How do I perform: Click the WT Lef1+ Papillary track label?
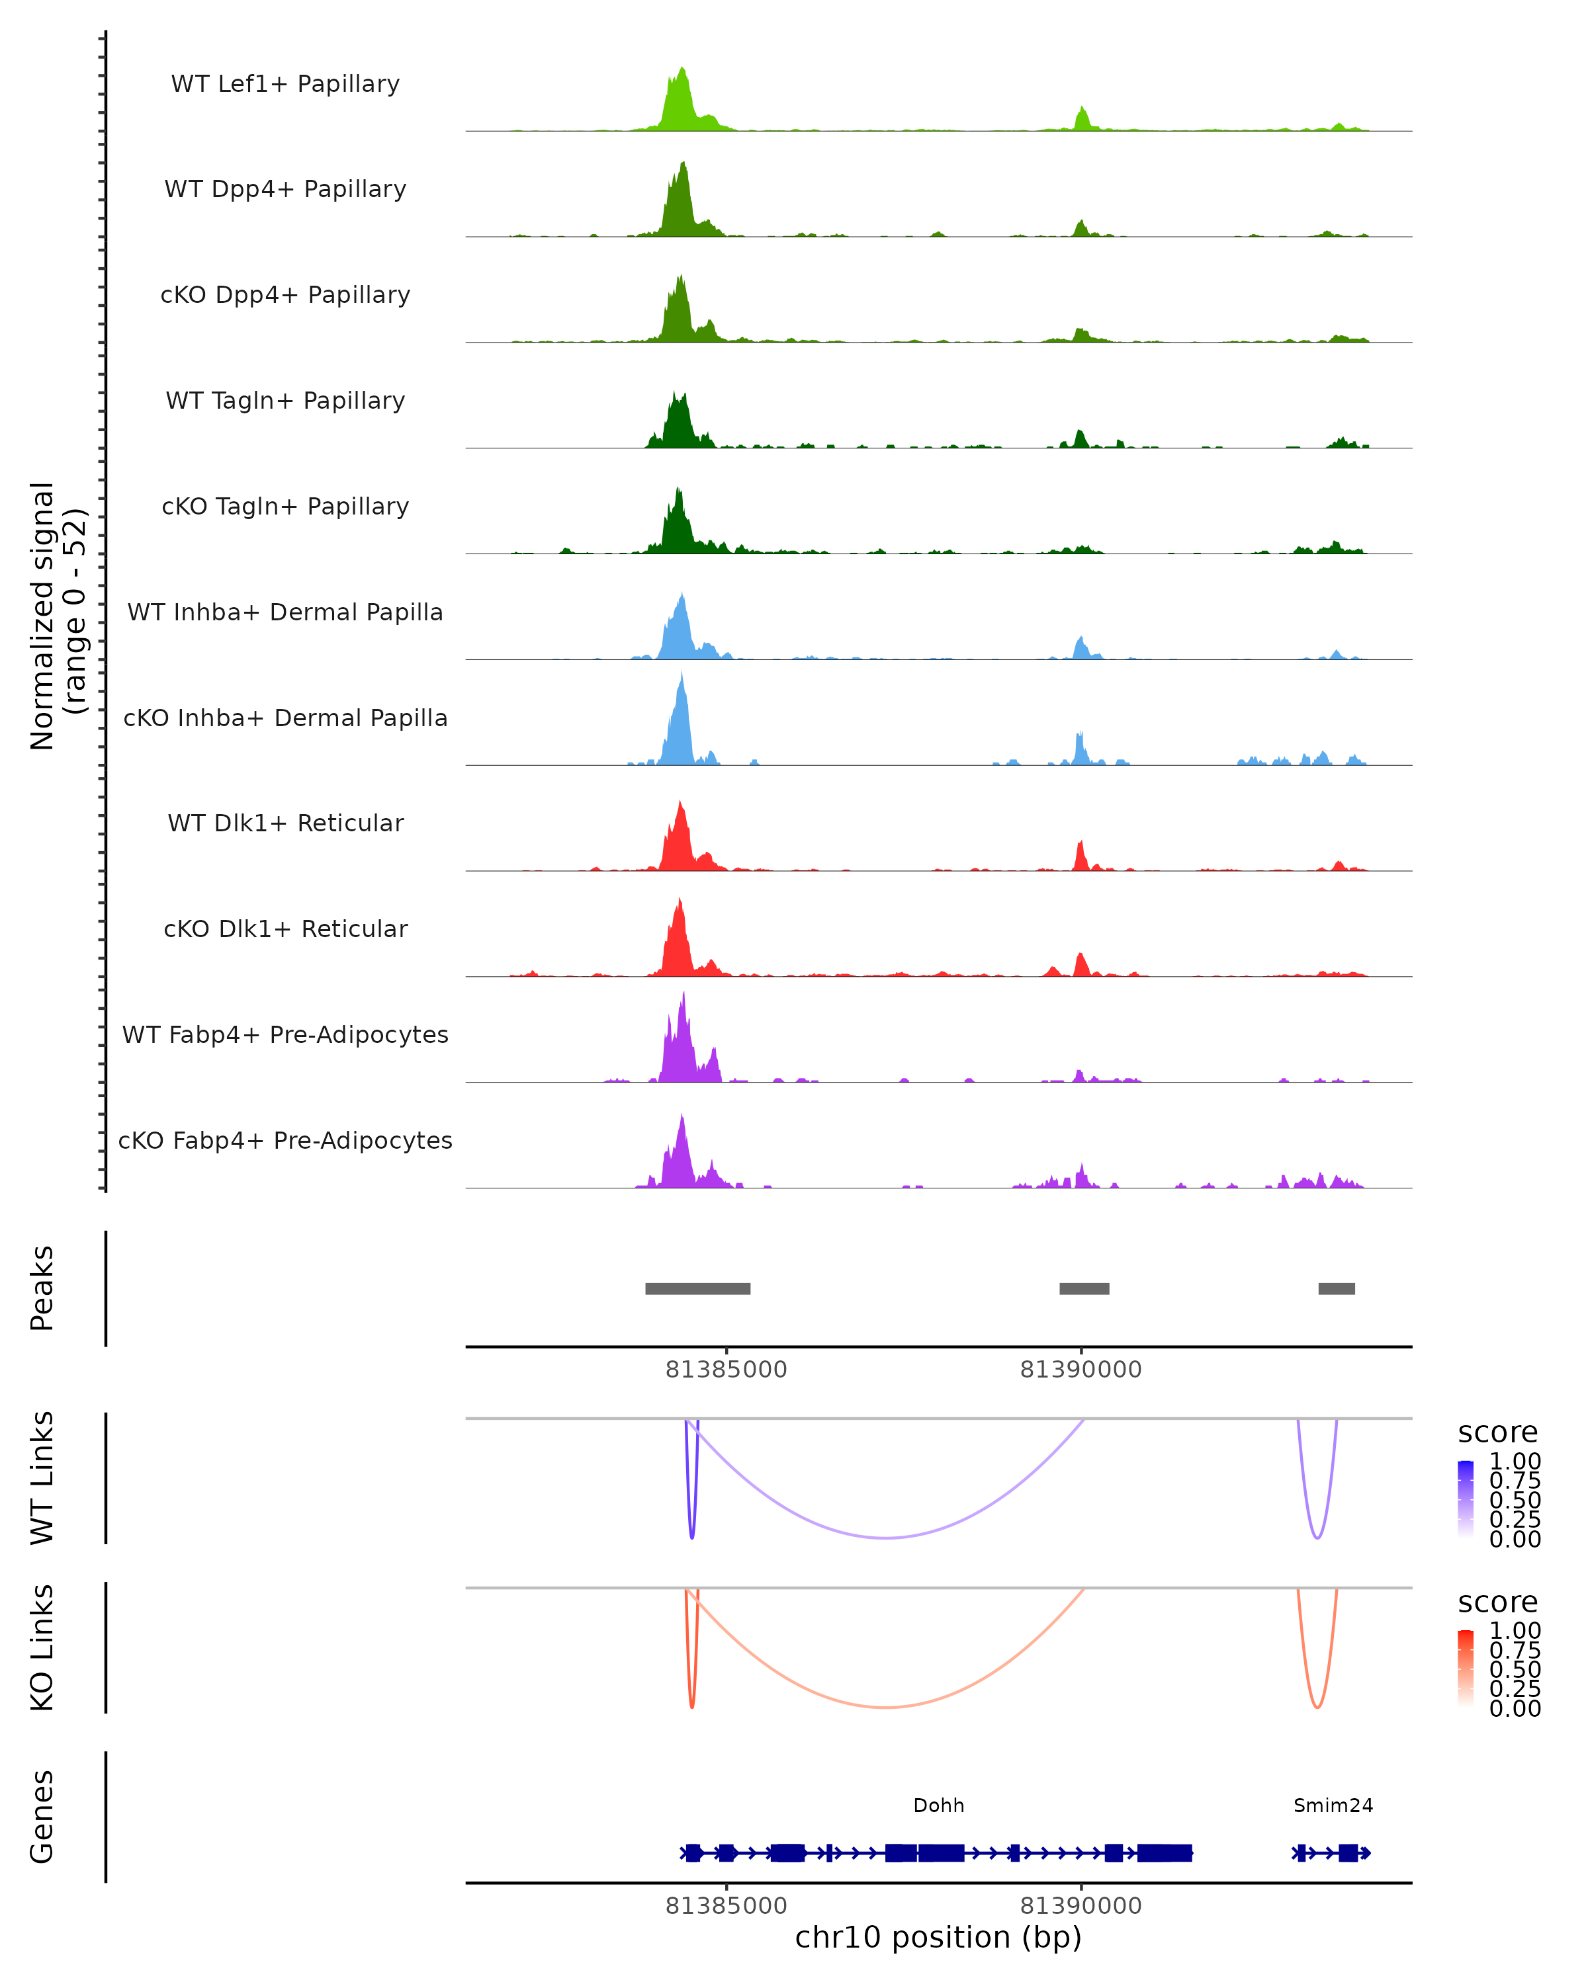tap(285, 84)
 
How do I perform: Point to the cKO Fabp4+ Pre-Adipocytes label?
tap(285, 1140)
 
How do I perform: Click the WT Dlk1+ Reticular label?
tap(285, 823)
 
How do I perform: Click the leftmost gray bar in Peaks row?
tap(698, 1288)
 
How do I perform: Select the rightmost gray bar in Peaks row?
tap(1336, 1288)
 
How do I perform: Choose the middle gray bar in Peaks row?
tap(1084, 1288)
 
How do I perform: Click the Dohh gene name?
tap(938, 1805)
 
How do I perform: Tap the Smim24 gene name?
tap(1333, 1805)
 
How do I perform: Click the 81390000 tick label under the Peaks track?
tap(1081, 1370)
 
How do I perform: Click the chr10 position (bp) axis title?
tap(938, 1937)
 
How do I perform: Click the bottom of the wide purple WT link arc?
tap(885, 1538)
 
